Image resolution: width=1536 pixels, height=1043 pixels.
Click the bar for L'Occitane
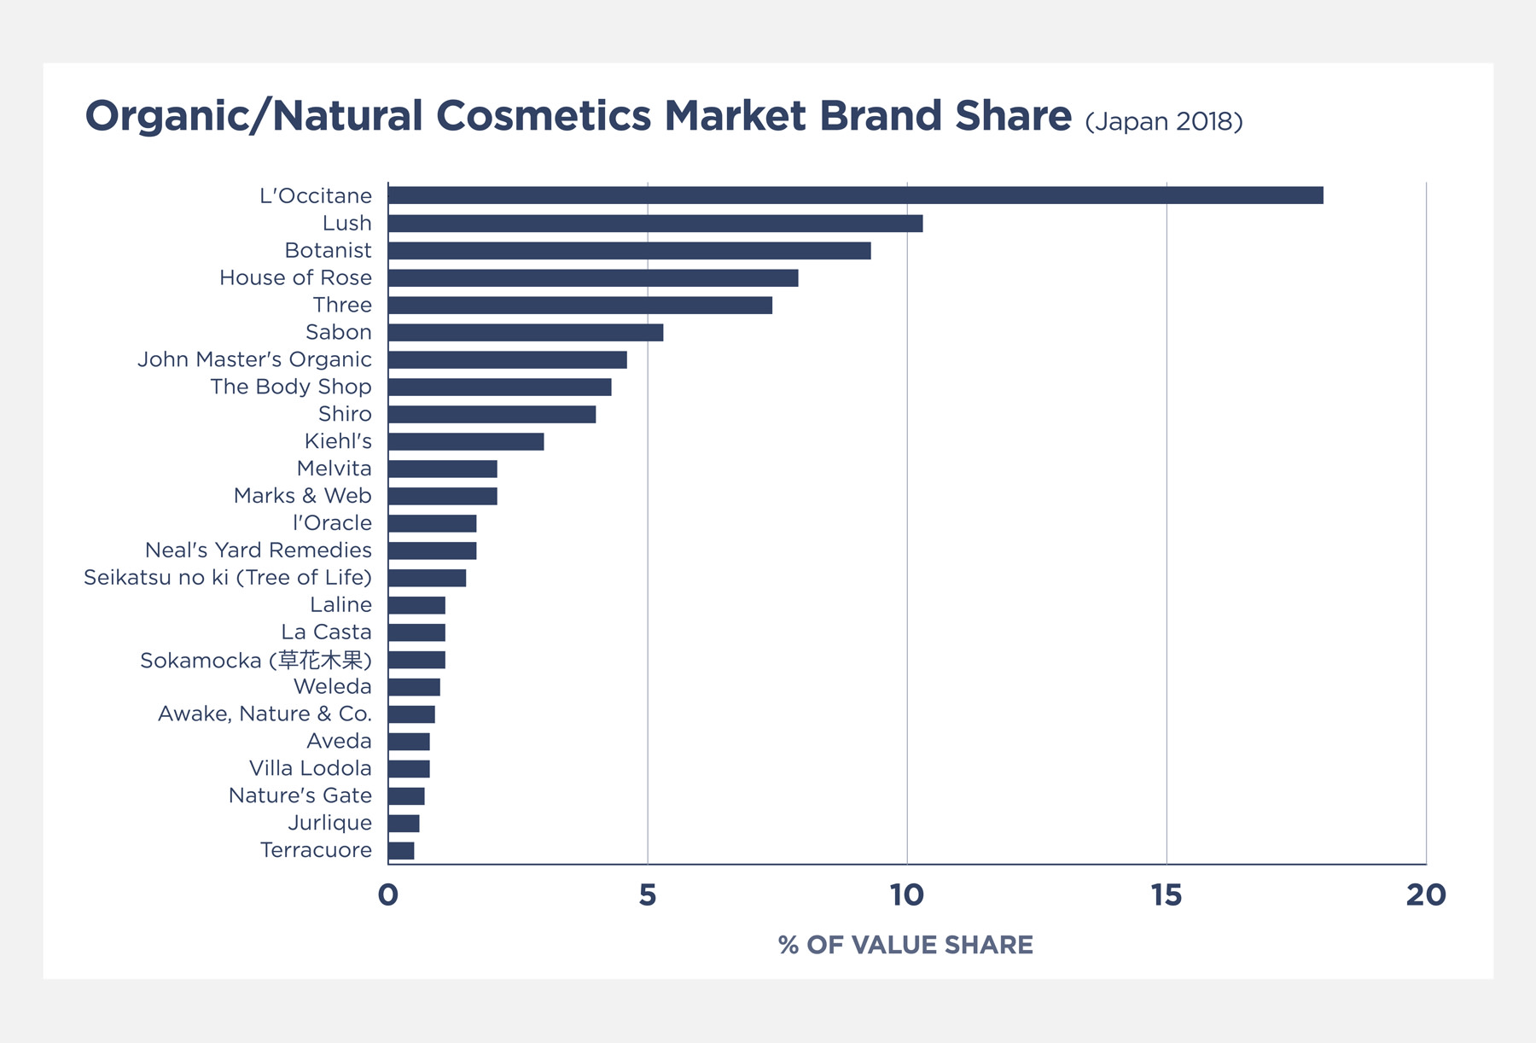(855, 195)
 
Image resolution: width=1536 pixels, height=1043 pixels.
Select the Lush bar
(655, 224)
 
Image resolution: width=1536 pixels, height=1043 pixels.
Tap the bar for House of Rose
(593, 278)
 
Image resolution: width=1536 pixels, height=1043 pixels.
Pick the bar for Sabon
(526, 333)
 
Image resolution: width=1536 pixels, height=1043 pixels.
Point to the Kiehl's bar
(466, 441)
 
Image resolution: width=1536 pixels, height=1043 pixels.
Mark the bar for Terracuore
(401, 851)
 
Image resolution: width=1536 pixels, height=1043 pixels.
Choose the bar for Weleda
(414, 687)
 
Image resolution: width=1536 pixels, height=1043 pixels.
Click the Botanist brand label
(328, 251)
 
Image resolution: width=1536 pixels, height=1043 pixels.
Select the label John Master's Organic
(254, 359)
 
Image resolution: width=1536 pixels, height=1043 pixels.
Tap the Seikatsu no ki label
(228, 578)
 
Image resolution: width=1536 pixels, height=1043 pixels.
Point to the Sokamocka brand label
(256, 660)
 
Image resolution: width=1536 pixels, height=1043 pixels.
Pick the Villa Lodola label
(310, 768)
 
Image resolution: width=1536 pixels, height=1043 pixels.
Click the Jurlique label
(329, 823)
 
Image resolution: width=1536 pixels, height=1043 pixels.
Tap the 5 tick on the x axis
(648, 895)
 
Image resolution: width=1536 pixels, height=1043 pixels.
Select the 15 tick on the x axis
(1167, 895)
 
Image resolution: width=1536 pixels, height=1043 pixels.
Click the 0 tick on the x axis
(388, 895)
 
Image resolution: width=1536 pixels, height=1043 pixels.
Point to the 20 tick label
(1426, 895)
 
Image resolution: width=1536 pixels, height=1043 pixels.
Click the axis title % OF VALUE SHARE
(905, 945)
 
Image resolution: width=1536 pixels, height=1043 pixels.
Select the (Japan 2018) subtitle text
(1163, 121)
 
